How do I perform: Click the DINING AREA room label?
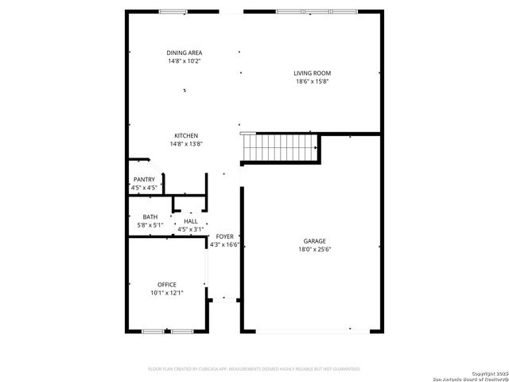(184, 53)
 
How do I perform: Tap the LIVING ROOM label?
(313, 72)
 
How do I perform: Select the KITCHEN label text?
(186, 135)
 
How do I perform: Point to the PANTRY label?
(144, 179)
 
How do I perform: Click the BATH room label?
(150, 216)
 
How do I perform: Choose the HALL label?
(191, 221)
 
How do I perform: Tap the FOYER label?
(225, 236)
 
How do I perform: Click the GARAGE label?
(314, 240)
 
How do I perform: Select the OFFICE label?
(167, 284)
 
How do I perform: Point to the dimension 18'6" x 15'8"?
(313, 81)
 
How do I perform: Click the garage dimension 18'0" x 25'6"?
(314, 249)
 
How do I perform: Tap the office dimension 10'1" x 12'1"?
(167, 293)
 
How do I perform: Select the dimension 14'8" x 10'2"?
(184, 61)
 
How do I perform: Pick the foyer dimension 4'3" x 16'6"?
(225, 245)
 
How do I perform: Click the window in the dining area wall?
(173, 11)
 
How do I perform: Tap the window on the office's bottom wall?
(168, 331)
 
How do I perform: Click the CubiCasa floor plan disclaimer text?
(254, 369)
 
